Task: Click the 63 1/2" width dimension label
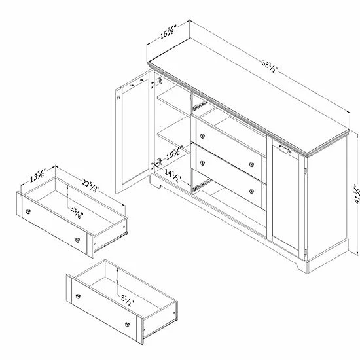tap(270, 66)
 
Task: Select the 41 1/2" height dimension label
tap(357, 194)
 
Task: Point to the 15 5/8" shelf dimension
tap(175, 153)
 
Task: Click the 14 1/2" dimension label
tap(173, 175)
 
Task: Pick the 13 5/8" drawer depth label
tap(38, 175)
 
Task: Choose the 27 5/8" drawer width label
tap(90, 186)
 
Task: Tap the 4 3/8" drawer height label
tap(77, 213)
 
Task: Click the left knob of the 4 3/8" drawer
tap(28, 211)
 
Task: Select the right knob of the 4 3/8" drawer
tap(78, 240)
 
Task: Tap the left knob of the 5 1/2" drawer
tap(78, 296)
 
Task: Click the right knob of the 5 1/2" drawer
tap(128, 325)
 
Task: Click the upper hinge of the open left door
tap(156, 83)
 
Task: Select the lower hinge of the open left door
tap(156, 164)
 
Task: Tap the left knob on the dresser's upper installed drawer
tap(202, 136)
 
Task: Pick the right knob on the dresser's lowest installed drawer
tap(251, 191)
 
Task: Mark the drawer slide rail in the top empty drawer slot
tap(199, 106)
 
